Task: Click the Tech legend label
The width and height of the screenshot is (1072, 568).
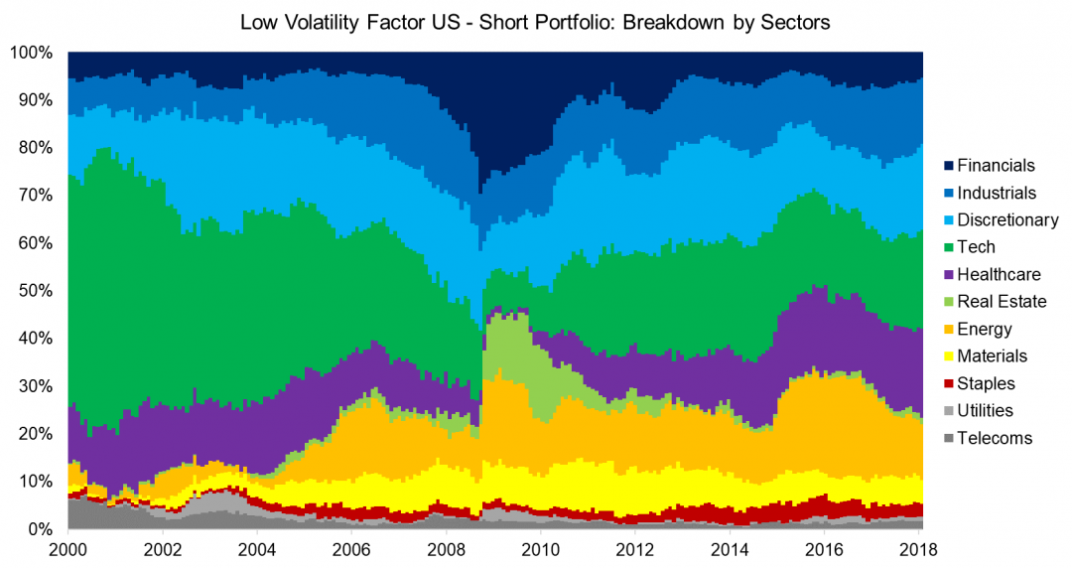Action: coord(977,247)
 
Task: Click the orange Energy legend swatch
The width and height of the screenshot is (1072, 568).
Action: coord(949,330)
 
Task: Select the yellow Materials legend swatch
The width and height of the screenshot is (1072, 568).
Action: coord(949,356)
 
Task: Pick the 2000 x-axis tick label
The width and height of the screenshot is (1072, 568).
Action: coord(67,549)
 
